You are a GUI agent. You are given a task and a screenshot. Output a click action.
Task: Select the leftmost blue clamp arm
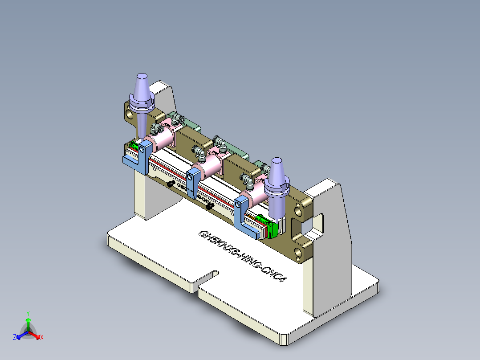point(139,158)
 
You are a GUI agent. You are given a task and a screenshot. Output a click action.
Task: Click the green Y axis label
point(28,313)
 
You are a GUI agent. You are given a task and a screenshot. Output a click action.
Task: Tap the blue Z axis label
point(15,337)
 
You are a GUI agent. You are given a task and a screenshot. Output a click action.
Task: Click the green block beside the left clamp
point(133,145)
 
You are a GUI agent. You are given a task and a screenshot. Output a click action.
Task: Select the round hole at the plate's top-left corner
point(129,114)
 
